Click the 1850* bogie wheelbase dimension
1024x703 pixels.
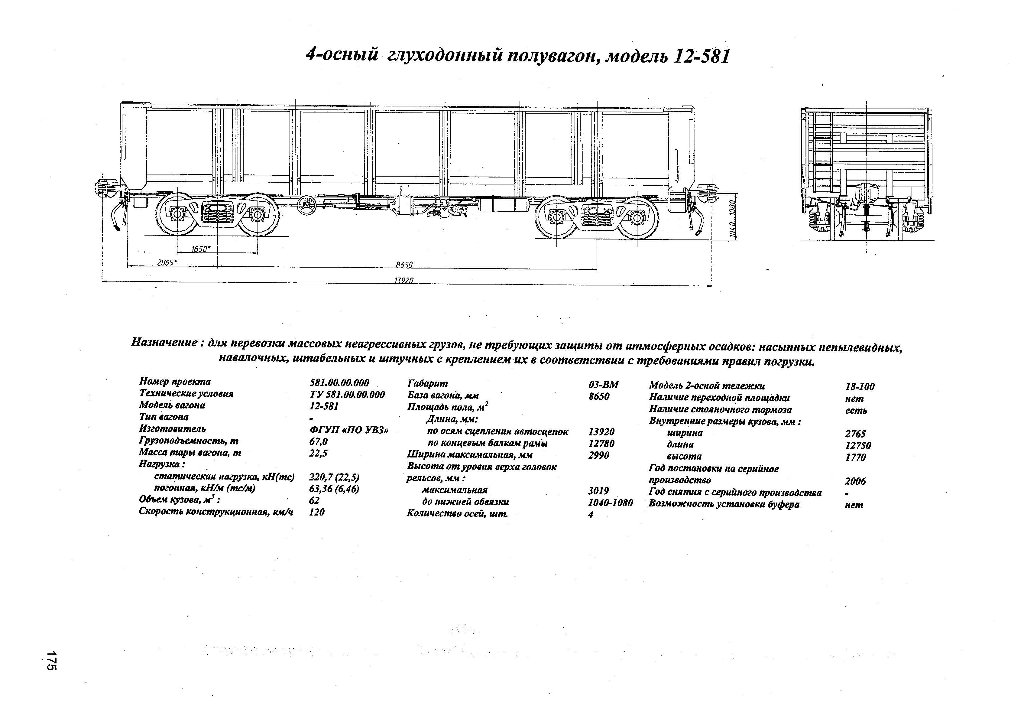click(201, 249)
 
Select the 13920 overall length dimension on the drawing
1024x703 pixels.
click(403, 280)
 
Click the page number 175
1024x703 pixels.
click(52, 661)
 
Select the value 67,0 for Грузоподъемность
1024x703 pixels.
click(319, 441)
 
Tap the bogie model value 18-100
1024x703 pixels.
click(859, 387)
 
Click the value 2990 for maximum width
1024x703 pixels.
click(598, 455)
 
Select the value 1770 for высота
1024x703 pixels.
click(855, 457)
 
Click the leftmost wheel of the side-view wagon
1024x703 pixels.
click(177, 215)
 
